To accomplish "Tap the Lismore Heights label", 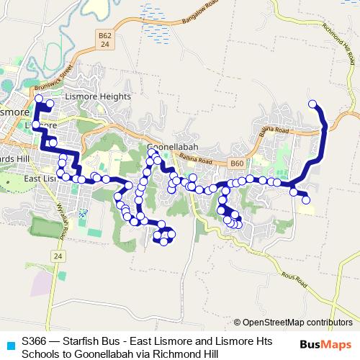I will click(98, 96).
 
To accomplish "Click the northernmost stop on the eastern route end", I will click(312, 104).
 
